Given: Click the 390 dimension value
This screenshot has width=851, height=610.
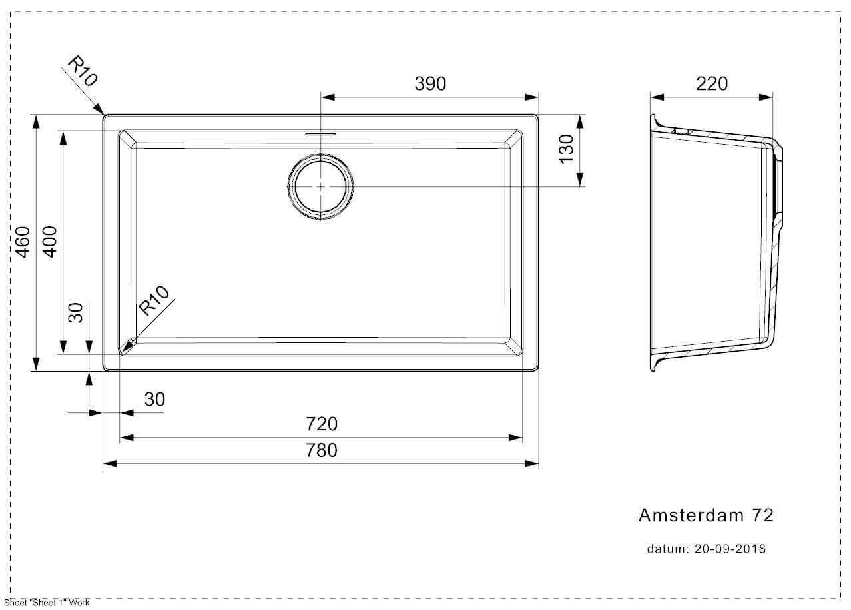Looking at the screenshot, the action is pyautogui.click(x=430, y=83).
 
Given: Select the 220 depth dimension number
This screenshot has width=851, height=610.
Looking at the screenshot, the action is pyautogui.click(x=712, y=83).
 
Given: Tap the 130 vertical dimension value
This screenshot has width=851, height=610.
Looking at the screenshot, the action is pyautogui.click(x=566, y=149).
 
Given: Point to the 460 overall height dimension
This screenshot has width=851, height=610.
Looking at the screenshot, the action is pyautogui.click(x=23, y=242).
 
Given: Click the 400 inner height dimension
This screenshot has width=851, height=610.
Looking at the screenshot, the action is pyautogui.click(x=49, y=242).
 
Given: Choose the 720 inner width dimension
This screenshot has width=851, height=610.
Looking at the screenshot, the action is pyautogui.click(x=322, y=424).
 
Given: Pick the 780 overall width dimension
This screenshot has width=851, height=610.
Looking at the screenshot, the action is pyautogui.click(x=322, y=450).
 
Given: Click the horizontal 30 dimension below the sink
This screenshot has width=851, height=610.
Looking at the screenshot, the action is pyautogui.click(x=154, y=399).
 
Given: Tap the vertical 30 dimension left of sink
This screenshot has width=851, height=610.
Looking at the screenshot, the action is pyautogui.click(x=75, y=312).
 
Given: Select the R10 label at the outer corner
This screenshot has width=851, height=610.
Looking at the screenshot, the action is pyautogui.click(x=83, y=71).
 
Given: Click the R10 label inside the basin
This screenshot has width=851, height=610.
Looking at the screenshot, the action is pyautogui.click(x=153, y=300).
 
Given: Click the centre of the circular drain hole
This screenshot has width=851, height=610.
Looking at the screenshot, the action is pyautogui.click(x=321, y=187).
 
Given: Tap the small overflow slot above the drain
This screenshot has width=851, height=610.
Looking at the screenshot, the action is pyautogui.click(x=321, y=134).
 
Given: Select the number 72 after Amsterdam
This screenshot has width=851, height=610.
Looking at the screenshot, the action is pyautogui.click(x=762, y=515).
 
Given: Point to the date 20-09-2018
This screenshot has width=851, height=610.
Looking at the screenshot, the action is pyautogui.click(x=730, y=549).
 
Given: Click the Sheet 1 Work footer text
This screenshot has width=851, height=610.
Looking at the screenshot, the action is pyautogui.click(x=47, y=603).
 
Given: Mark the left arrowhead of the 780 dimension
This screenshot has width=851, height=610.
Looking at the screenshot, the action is pyautogui.click(x=110, y=463).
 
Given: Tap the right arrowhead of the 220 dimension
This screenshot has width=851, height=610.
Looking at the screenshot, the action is pyautogui.click(x=766, y=97).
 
